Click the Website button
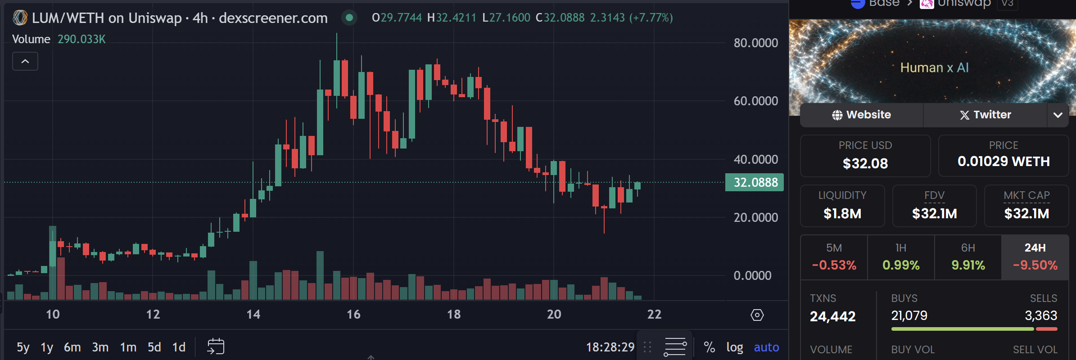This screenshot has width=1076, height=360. click(x=861, y=115)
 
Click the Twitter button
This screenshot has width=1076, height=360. click(x=985, y=115)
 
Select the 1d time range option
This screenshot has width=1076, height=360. click(x=179, y=347)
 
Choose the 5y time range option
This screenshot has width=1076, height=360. click(x=23, y=347)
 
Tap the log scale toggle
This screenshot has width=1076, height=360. click(x=734, y=347)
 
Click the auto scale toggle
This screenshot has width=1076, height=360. click(x=766, y=347)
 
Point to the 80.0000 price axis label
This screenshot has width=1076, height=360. click(x=755, y=43)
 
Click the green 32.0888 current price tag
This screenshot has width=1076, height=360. click(x=755, y=182)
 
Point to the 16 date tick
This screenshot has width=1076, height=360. click(x=353, y=314)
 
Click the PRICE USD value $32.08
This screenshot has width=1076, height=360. click(x=865, y=163)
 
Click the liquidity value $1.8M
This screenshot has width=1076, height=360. click(x=842, y=213)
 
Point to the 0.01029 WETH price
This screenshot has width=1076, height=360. click(x=1003, y=161)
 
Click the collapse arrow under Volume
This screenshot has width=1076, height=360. click(x=25, y=61)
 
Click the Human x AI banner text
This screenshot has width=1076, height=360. click(x=934, y=67)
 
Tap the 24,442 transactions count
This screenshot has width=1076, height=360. click(x=832, y=316)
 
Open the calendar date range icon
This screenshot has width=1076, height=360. click(x=216, y=346)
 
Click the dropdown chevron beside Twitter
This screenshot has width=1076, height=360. click(x=1058, y=115)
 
